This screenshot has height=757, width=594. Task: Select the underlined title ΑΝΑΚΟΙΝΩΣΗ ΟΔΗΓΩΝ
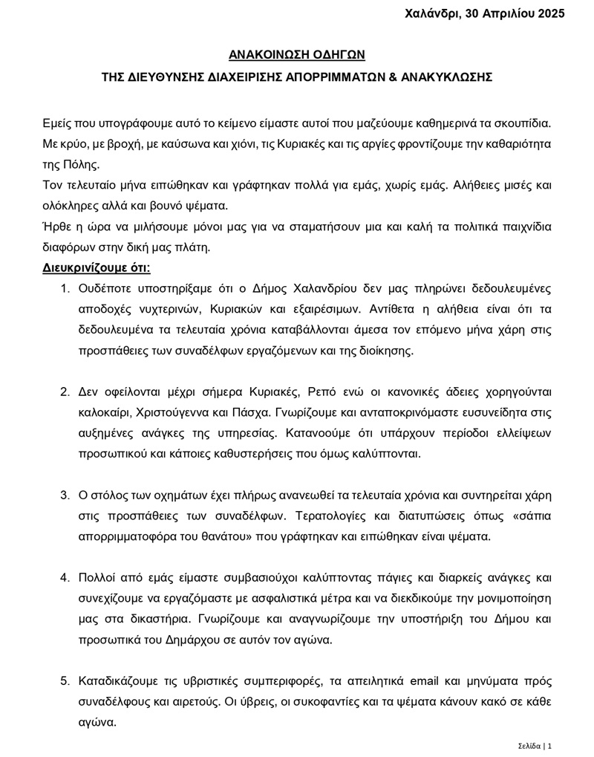click(x=296, y=54)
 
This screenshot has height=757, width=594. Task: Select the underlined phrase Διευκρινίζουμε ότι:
click(x=97, y=267)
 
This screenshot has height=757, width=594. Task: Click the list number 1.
click(x=65, y=288)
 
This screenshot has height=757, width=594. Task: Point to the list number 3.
click(x=65, y=495)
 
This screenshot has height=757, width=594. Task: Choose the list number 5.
click(x=65, y=680)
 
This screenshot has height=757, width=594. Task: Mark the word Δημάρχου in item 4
click(x=176, y=639)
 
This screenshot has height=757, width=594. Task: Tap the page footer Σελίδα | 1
click(x=535, y=745)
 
